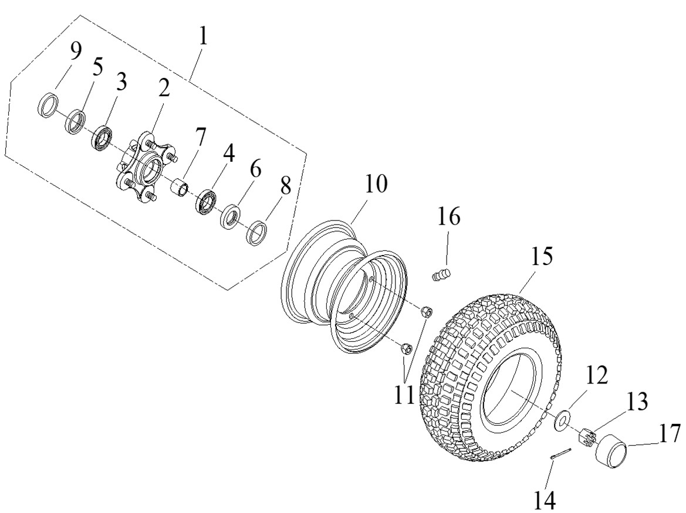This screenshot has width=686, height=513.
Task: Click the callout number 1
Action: tap(202, 38)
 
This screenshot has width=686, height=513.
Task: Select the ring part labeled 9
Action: tap(48, 105)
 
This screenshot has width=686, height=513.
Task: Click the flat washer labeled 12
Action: tap(562, 419)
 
